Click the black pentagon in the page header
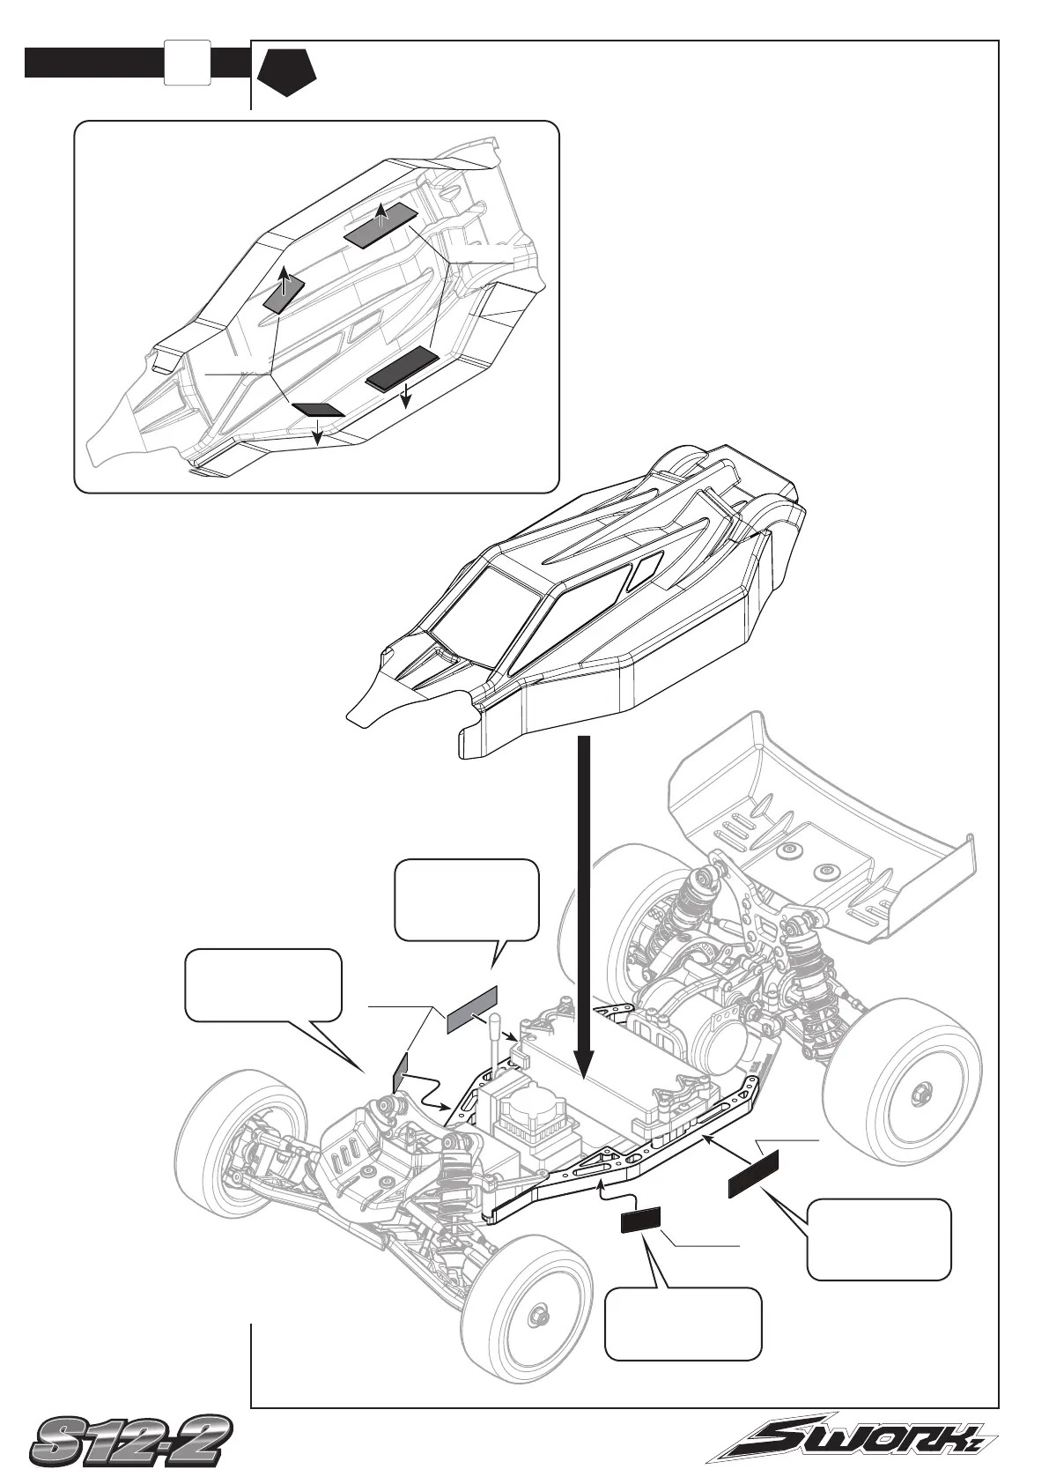(x=286, y=70)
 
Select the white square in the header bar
(x=187, y=63)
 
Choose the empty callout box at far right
(x=879, y=1238)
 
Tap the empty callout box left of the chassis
(x=262, y=984)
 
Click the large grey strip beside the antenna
(x=472, y=1008)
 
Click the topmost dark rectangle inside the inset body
(x=380, y=225)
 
